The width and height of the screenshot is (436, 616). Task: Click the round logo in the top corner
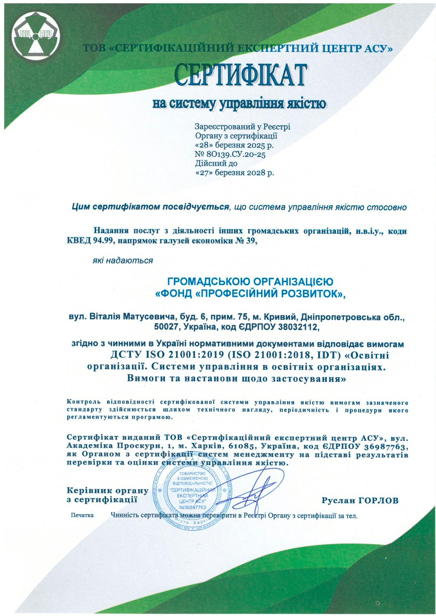coord(35,34)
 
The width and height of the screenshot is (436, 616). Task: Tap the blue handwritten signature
coord(253,491)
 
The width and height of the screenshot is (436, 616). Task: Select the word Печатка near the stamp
coord(82,516)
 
